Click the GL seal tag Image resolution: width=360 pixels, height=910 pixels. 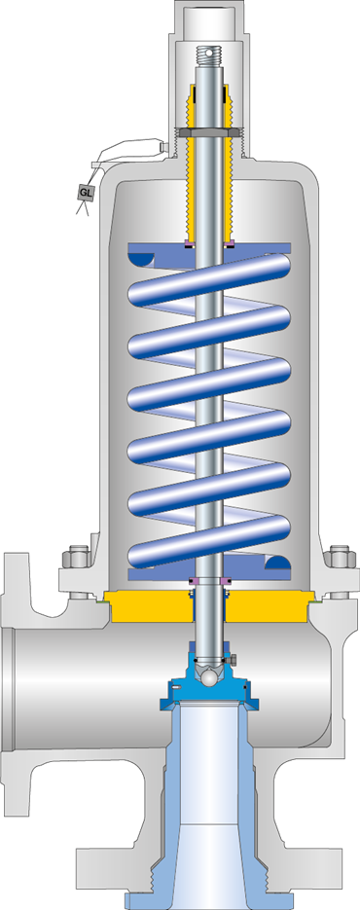[x=86, y=192]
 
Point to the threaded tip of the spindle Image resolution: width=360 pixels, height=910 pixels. [x=209, y=55]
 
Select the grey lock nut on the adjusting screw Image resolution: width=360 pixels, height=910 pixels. [x=209, y=132]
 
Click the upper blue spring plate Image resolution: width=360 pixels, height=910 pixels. [x=209, y=248]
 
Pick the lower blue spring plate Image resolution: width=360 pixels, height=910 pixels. [x=209, y=574]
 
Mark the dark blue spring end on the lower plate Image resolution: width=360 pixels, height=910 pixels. [x=277, y=563]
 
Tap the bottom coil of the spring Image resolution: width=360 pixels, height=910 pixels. [x=209, y=541]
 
